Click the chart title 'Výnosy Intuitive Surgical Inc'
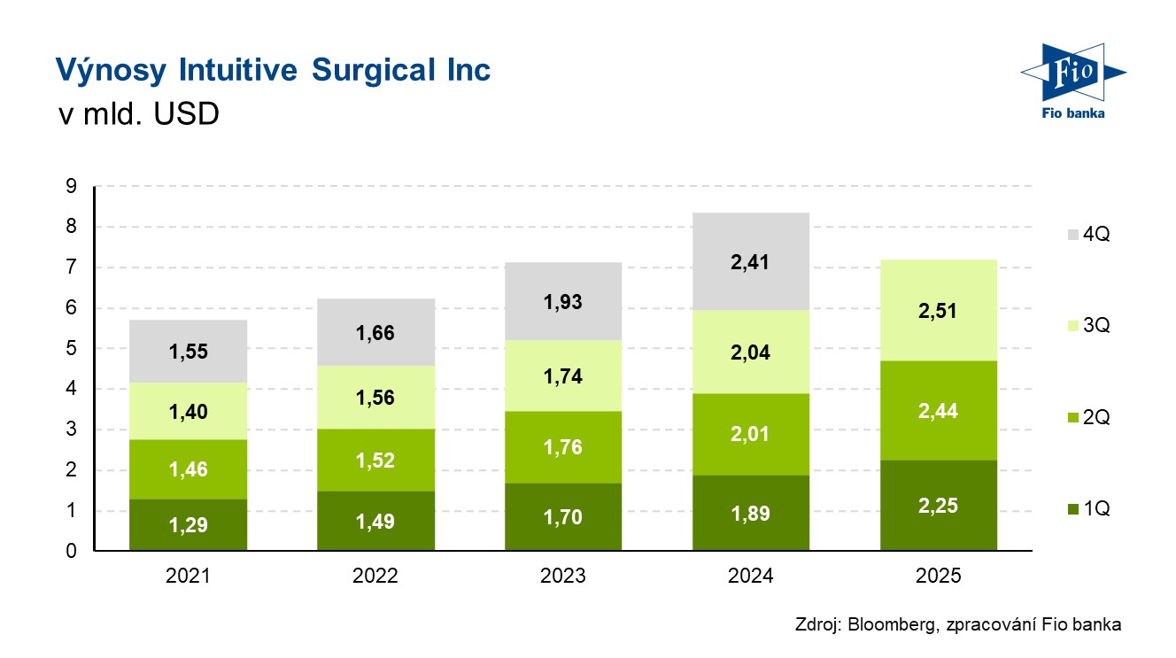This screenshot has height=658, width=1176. (x=273, y=70)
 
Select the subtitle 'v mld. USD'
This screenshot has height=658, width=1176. (x=136, y=114)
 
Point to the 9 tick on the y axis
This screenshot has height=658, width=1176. (x=70, y=187)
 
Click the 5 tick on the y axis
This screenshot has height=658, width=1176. (x=70, y=349)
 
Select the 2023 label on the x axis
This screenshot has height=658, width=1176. (x=563, y=577)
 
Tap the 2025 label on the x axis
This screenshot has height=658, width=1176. (x=939, y=577)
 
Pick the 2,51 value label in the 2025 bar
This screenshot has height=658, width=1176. (x=939, y=312)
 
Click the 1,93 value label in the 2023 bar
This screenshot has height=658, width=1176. (x=563, y=302)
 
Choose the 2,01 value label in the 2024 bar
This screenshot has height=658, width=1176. (x=751, y=434)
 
